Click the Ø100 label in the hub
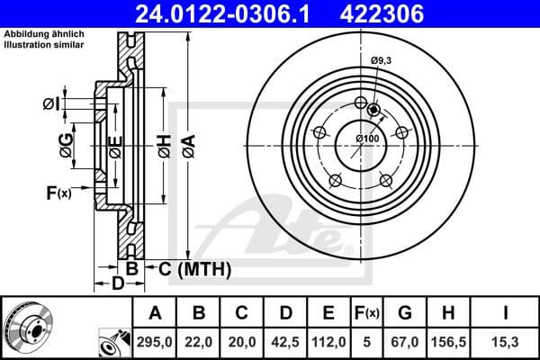coord(365,139)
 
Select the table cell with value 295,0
coord(156,341)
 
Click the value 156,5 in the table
coord(448,341)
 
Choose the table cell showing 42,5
coord(286,341)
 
